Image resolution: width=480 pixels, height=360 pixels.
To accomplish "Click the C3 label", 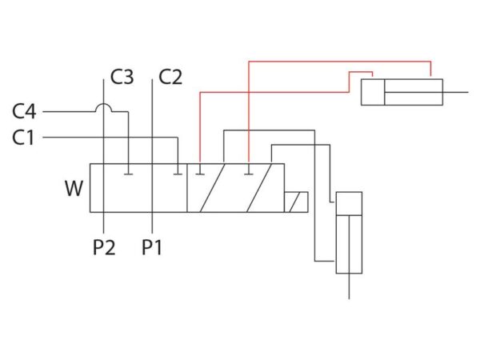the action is (122, 77).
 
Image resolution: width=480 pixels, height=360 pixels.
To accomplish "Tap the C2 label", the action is (170, 77).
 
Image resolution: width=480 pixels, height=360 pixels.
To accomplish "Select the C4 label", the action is (24, 111).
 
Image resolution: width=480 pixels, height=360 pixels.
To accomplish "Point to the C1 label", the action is (23, 138).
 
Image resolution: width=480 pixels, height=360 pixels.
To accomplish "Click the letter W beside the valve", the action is (74, 188).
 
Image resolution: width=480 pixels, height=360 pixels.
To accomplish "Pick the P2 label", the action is (104, 247).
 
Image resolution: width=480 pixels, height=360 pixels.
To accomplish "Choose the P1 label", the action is (151, 247).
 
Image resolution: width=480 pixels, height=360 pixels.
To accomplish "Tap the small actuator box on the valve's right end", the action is (296, 202).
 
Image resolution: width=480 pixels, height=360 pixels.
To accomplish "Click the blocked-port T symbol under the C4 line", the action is (128, 174).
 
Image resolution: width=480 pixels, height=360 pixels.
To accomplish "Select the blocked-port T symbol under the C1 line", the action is (178, 174).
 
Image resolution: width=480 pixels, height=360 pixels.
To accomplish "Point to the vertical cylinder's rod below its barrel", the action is (349, 286).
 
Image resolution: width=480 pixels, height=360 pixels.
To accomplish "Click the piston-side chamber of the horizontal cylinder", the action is (373, 92).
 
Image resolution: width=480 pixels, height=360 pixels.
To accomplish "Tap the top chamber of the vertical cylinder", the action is (349, 203).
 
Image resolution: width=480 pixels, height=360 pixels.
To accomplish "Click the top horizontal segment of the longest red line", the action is (340, 62).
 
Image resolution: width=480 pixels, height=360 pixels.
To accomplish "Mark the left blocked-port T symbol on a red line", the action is (200, 174).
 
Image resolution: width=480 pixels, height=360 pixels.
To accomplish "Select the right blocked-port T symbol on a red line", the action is (249, 174).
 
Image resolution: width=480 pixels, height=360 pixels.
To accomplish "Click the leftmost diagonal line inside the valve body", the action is (213, 188).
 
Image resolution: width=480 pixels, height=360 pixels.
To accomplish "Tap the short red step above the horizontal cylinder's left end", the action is (361, 72).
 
